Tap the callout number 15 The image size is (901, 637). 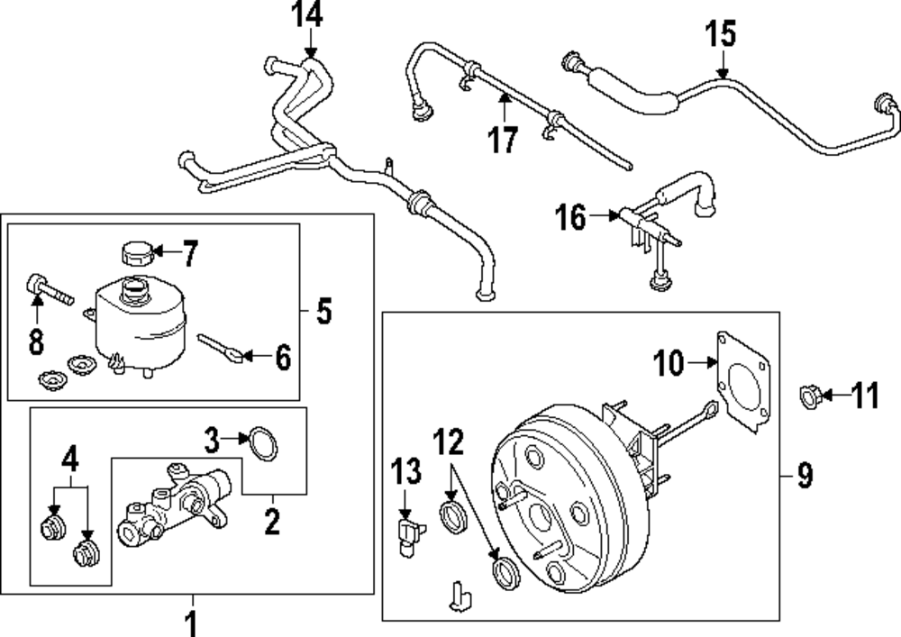coord(720,34)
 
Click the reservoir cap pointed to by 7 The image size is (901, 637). coord(135,251)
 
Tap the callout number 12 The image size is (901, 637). coord(450,441)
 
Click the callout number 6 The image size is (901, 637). coord(282,359)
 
